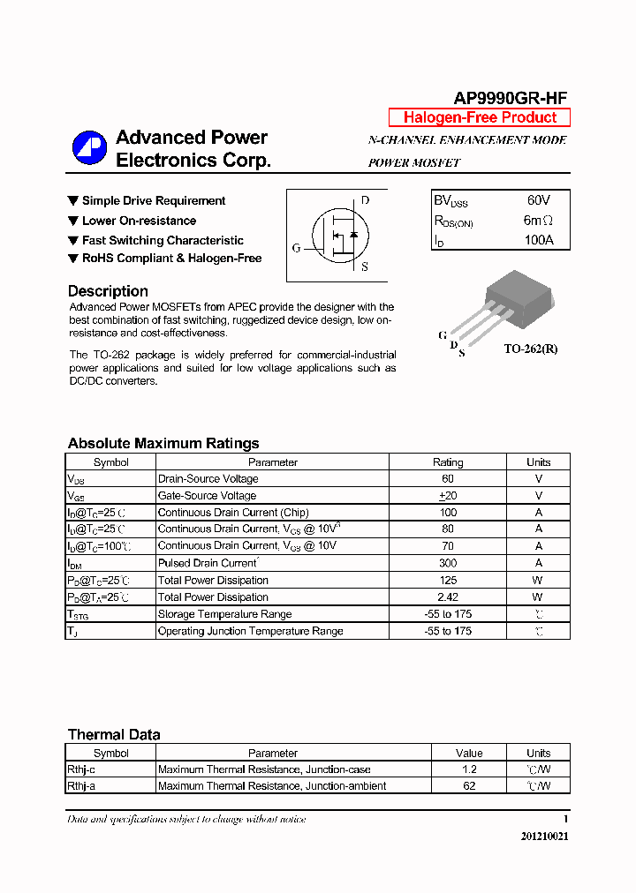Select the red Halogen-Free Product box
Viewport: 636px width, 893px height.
(x=480, y=117)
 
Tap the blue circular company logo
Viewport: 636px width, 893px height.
(x=89, y=147)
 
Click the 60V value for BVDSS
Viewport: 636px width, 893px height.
(x=538, y=201)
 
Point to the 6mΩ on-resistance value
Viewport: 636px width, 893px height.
(x=538, y=221)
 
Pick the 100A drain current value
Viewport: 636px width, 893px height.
(x=538, y=240)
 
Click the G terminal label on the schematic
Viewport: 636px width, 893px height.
(x=297, y=248)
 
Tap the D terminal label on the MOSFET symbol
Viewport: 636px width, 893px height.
(x=365, y=200)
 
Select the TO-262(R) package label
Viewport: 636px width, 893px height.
(x=531, y=349)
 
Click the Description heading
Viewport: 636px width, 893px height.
(x=108, y=291)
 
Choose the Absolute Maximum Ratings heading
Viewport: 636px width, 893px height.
(x=163, y=443)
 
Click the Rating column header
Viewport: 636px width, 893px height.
(x=448, y=462)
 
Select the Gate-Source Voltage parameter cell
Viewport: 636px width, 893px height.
(x=207, y=496)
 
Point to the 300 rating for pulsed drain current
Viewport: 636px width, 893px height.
(x=448, y=563)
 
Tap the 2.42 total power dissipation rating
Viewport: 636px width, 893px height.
(x=448, y=597)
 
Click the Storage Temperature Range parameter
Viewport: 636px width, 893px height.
(x=224, y=614)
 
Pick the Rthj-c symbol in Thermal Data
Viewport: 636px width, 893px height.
(x=81, y=769)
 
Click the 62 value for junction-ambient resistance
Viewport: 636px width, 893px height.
(x=469, y=786)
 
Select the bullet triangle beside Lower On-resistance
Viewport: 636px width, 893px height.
(x=73, y=221)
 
